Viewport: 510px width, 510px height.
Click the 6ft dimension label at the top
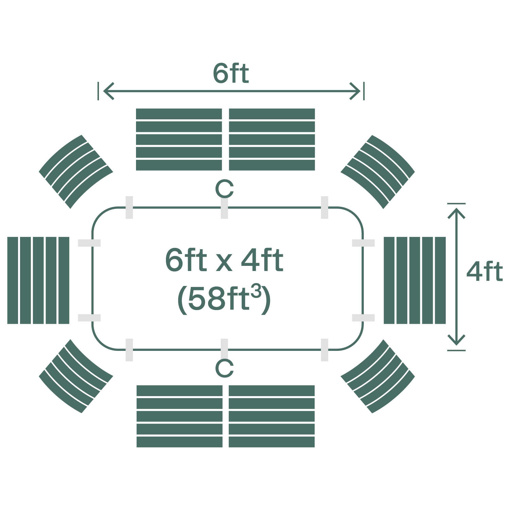pos(231,73)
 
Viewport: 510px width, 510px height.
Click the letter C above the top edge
pos(224,189)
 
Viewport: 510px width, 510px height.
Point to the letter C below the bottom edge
pos(224,368)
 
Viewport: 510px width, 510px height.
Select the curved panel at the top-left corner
pos(76,171)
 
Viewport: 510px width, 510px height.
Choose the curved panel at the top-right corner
pos(378,171)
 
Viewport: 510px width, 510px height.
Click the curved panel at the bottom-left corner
pos(76,376)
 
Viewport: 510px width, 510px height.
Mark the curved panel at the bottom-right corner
pos(378,376)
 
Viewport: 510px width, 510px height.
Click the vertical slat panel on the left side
pos(38,280)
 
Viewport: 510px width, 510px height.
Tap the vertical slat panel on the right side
pos(414,280)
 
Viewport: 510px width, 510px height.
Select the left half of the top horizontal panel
pos(179,139)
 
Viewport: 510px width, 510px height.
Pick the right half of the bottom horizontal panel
pos(272,416)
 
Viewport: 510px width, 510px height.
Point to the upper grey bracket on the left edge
pos(89,243)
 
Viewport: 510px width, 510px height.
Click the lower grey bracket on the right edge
pos(363,318)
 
